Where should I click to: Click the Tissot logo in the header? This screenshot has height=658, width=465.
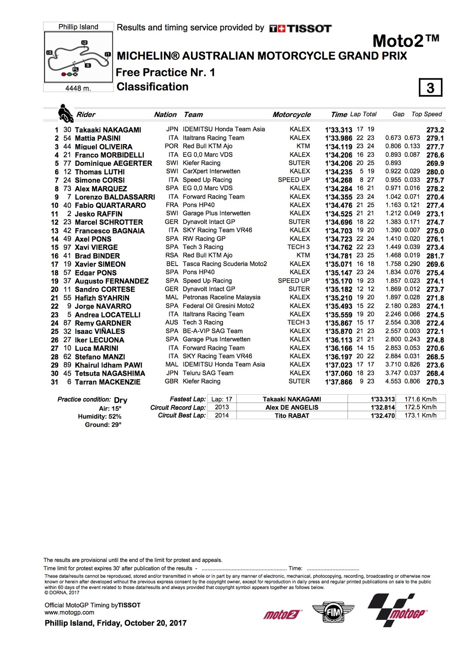tap(300, 28)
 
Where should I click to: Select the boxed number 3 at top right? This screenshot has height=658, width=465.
tap(431, 88)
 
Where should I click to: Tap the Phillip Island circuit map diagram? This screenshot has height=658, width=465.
tap(79, 57)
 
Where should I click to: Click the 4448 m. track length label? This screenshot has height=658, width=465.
tap(78, 88)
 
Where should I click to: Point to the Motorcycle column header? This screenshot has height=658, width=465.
tap(291, 114)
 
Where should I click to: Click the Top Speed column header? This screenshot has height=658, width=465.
tap(427, 114)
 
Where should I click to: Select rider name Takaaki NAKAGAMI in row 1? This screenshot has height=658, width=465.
tap(108, 130)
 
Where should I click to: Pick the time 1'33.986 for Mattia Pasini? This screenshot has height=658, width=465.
tap(339, 138)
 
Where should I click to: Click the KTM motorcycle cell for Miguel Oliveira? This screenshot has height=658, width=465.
tap(303, 146)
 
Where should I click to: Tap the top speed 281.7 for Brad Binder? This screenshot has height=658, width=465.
tap(435, 256)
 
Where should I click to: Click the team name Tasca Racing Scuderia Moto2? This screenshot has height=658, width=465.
tap(225, 264)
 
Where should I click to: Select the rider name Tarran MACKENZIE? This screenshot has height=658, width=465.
tap(107, 382)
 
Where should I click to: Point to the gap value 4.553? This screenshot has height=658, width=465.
tap(393, 381)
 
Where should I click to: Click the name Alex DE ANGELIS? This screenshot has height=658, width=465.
tap(292, 407)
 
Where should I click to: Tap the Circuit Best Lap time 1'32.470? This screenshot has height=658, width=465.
tap(383, 416)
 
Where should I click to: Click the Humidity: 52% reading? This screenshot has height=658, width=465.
tap(100, 416)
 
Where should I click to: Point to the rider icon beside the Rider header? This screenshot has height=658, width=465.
tap(65, 113)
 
